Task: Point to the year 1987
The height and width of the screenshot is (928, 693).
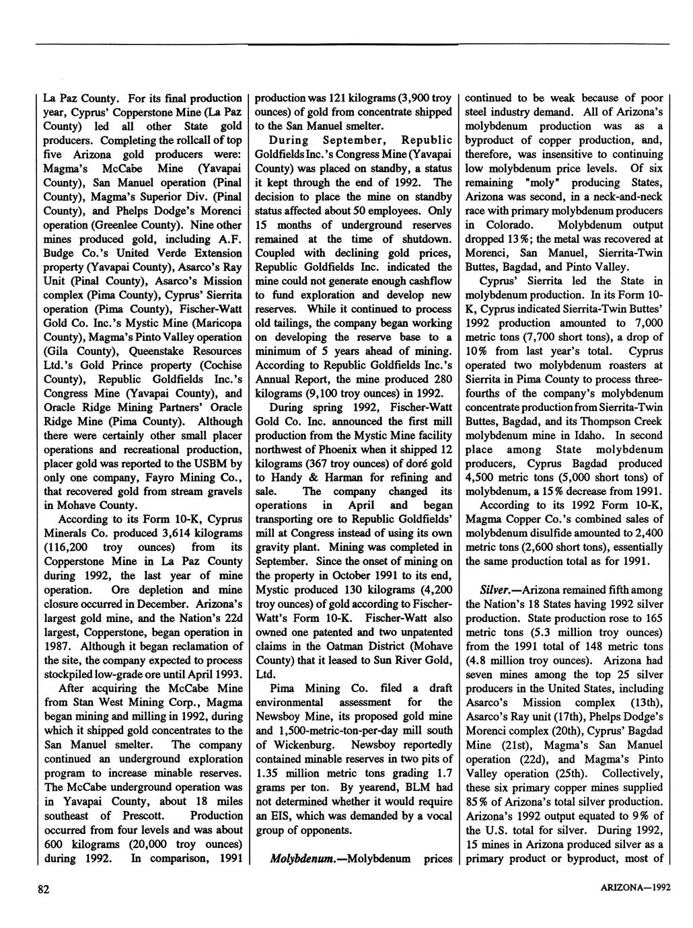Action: tap(56, 646)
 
